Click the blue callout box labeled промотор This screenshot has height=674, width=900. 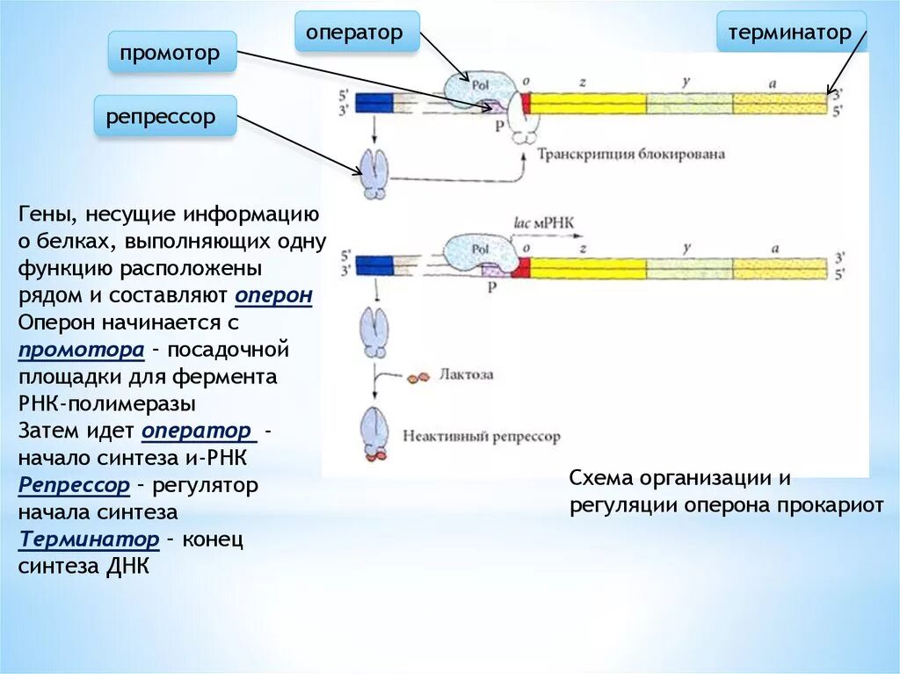(x=172, y=53)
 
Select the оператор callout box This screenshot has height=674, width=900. (x=356, y=33)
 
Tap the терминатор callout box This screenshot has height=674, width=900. (x=789, y=33)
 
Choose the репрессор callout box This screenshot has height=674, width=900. (x=166, y=117)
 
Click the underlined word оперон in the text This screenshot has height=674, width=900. (x=274, y=296)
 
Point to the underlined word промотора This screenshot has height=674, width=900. (x=81, y=350)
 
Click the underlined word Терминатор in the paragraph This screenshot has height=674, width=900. (x=89, y=539)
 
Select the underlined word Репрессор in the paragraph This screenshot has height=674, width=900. (x=75, y=484)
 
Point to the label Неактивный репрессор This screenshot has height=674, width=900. (x=480, y=436)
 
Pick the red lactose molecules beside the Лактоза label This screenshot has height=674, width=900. (x=418, y=376)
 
